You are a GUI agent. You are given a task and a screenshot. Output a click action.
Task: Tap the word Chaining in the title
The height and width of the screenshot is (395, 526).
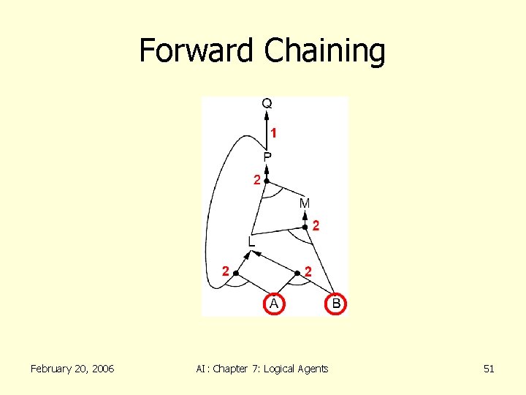(x=324, y=51)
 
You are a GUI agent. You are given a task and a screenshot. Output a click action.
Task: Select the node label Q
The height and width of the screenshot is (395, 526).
(x=267, y=104)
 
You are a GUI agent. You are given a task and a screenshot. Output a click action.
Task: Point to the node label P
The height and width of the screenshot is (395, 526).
(x=267, y=157)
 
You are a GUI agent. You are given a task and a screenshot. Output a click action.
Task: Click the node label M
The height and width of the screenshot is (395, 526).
(x=304, y=203)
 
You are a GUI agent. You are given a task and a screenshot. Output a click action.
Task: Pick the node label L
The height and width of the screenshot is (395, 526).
(x=251, y=241)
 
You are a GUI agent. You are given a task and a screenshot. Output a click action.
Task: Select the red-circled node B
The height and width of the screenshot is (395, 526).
(x=335, y=303)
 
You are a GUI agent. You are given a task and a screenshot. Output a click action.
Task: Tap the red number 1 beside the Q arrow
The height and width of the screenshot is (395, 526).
(x=274, y=133)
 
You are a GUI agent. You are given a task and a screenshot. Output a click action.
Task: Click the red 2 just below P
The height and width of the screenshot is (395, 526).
(x=257, y=180)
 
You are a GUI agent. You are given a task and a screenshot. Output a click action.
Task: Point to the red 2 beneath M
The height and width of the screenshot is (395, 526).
(x=316, y=226)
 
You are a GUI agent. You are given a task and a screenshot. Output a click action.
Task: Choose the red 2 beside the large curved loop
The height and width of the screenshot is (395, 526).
(x=226, y=271)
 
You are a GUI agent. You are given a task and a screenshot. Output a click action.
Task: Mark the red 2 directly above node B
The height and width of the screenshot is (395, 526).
(x=309, y=271)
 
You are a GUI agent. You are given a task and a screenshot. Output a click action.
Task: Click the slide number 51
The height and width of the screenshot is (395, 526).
(x=489, y=369)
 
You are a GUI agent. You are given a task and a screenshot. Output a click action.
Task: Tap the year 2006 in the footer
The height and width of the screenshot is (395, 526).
(x=101, y=369)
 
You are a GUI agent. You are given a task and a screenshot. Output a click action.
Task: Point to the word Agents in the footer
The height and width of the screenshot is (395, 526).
(x=313, y=369)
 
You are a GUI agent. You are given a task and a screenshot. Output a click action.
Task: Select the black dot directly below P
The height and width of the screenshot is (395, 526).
(x=267, y=180)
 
